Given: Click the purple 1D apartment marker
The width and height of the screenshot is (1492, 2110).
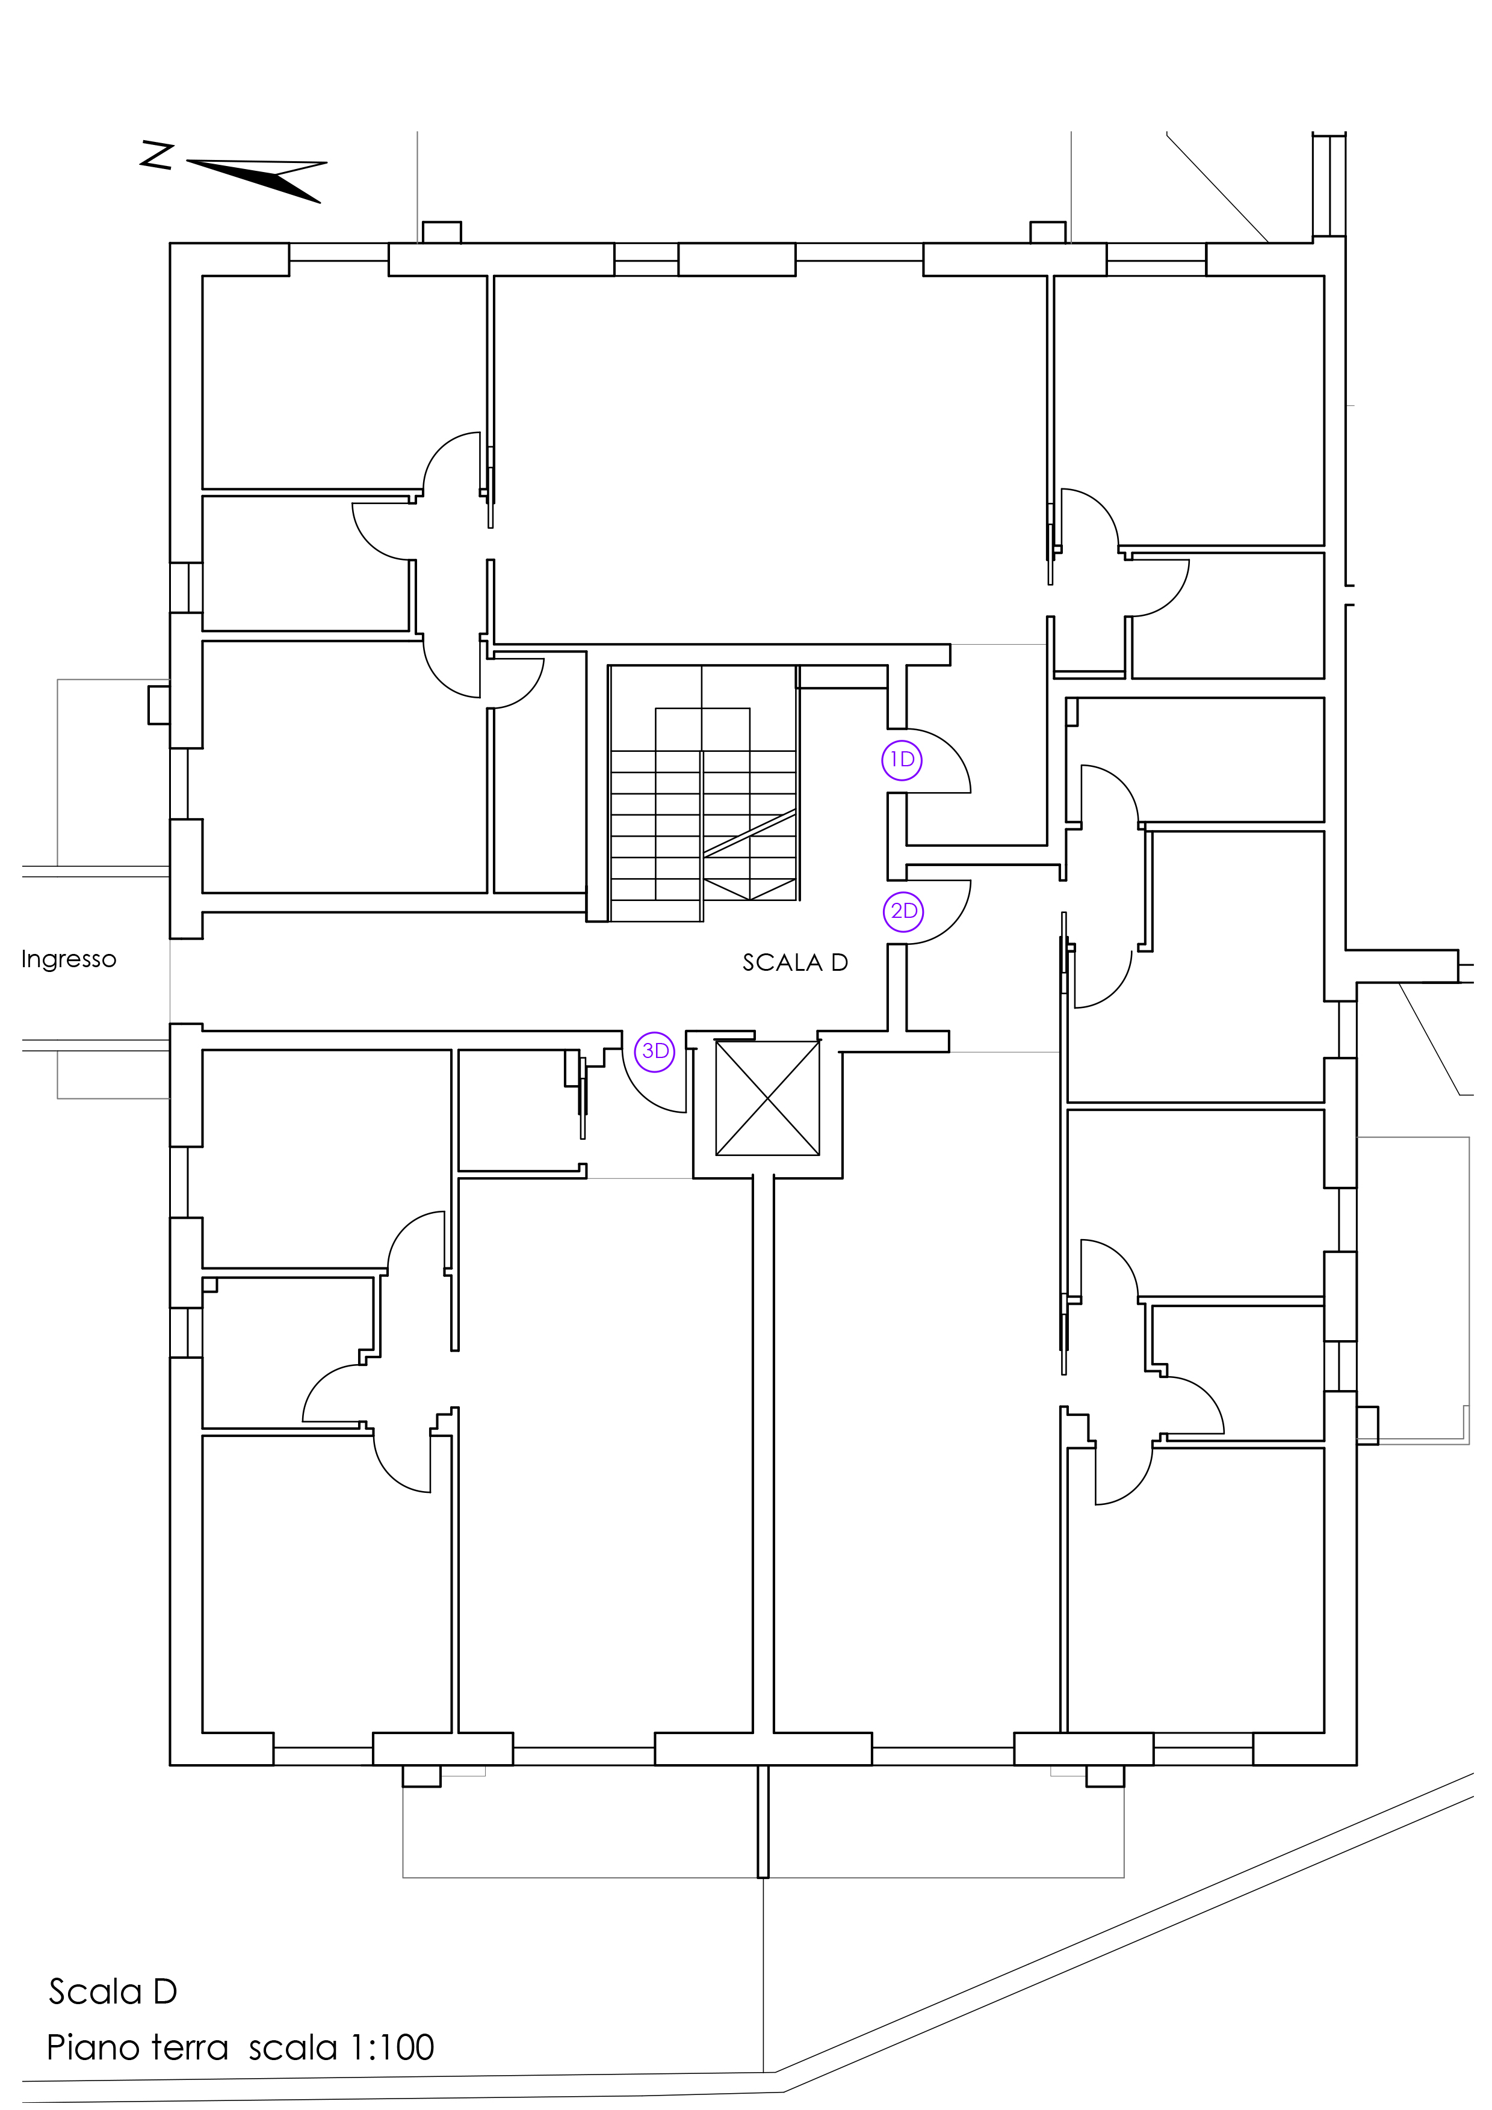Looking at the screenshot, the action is click(x=902, y=760).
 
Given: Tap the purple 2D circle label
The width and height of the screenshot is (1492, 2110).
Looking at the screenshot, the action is click(x=903, y=912).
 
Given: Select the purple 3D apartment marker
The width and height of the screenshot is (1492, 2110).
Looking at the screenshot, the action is click(x=655, y=1051).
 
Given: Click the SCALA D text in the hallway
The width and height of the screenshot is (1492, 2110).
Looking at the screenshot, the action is click(x=795, y=963).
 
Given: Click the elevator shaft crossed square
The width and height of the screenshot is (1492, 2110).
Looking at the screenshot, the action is click(x=767, y=1098).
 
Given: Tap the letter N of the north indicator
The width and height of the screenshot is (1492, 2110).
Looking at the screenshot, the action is click(x=157, y=155).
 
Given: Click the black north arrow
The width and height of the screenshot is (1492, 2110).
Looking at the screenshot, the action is click(x=258, y=179).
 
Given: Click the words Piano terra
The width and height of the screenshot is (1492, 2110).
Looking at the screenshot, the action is click(x=137, y=2047).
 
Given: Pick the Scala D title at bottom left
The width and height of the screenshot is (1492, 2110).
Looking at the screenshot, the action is click(x=112, y=1992).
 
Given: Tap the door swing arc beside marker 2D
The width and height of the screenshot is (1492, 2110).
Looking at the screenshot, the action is click(x=954, y=926).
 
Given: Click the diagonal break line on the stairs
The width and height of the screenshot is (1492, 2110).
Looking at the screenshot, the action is click(x=750, y=834).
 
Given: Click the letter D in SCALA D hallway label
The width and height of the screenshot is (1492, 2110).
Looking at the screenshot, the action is click(x=840, y=963).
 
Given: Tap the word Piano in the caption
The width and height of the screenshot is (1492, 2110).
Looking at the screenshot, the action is click(x=92, y=2047).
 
